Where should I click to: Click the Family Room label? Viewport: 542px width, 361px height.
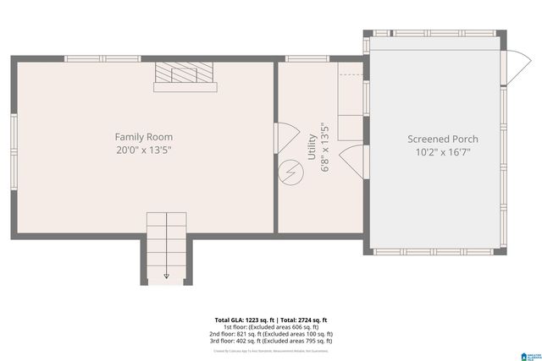144,136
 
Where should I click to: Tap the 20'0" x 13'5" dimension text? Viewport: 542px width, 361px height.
144,150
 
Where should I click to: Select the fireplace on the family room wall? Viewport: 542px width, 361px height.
184,76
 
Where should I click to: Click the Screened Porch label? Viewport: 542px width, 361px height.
442,139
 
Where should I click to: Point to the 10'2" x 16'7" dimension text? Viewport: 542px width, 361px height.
442,153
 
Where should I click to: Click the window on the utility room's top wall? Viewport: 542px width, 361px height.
307,58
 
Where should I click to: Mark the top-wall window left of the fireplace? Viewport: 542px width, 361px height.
91,58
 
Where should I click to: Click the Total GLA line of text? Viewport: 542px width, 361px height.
270,320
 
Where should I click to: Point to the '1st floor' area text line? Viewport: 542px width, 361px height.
270,327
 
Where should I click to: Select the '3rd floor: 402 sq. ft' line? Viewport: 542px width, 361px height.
270,341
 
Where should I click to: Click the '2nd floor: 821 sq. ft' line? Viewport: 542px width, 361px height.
270,334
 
